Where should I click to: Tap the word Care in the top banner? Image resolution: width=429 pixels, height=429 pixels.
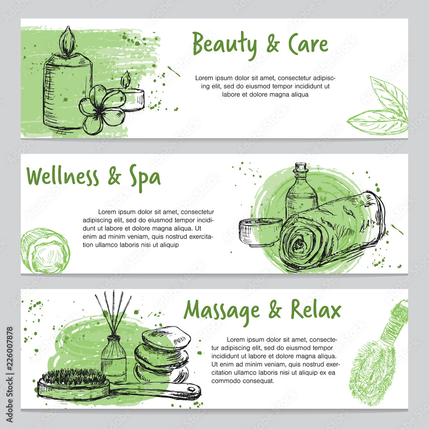(308, 44)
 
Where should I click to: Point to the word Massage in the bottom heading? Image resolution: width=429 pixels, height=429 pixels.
(223, 311)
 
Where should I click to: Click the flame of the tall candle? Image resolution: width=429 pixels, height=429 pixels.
(67, 41)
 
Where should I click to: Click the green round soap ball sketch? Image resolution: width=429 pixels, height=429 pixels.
(45, 251)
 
